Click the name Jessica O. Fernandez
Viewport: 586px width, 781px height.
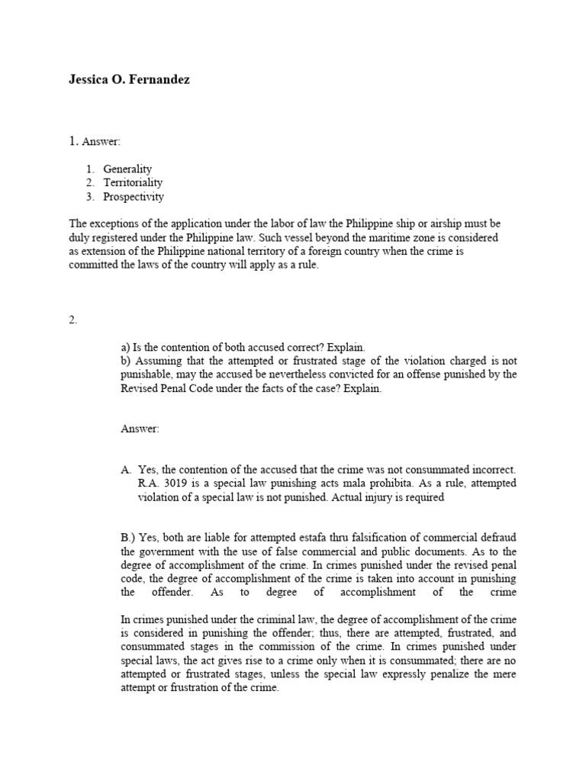129,79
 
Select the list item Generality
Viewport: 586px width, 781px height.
127,169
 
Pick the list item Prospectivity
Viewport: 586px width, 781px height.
134,196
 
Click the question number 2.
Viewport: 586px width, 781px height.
72,320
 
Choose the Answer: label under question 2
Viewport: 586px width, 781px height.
140,429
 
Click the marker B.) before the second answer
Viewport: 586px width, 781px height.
128,538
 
